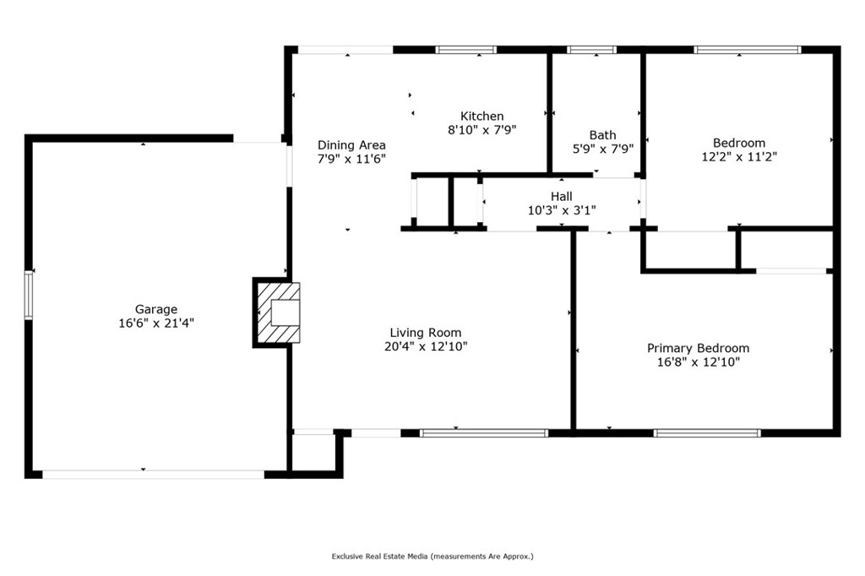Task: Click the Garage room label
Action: tap(156, 309)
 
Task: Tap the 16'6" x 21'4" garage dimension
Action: tap(156, 323)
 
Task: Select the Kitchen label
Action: tap(482, 116)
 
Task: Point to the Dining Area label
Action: tap(351, 145)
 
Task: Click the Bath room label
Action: tap(602, 134)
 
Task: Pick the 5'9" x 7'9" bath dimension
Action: tap(603, 149)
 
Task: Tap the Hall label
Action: tap(562, 196)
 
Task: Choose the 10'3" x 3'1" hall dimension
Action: tap(562, 210)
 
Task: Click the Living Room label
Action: tap(426, 333)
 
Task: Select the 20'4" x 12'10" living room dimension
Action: tap(426, 346)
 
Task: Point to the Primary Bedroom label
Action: tap(698, 348)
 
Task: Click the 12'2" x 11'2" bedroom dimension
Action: tap(739, 157)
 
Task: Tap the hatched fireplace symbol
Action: tap(279, 312)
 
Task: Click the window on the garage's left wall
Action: tap(28, 295)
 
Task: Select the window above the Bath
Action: tap(592, 50)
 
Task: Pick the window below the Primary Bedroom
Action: tap(707, 433)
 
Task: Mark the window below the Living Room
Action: tap(484, 433)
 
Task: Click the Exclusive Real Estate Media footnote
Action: tap(432, 557)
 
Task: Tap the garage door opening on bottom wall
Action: tap(154, 475)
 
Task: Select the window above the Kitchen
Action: tap(466, 50)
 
